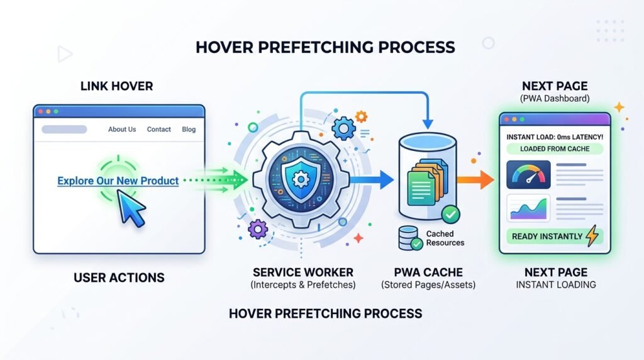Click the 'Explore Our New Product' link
tap(118, 181)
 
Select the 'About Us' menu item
tap(122, 129)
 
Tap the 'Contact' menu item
tap(159, 129)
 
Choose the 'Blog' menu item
tap(189, 129)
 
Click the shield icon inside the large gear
tap(301, 179)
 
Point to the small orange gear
tap(361, 116)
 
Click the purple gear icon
tap(258, 229)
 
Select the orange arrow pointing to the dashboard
tap(475, 179)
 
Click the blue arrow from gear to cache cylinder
tap(372, 179)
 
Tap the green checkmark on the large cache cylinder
tap(450, 214)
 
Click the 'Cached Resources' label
tap(445, 239)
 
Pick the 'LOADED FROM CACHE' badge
tap(555, 149)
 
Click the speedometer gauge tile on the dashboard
tap(528, 175)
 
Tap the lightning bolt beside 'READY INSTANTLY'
tap(592, 235)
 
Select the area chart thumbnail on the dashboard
tap(528, 208)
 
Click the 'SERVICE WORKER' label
tap(303, 273)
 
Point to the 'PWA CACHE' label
tap(428, 273)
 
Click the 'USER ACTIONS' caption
tap(119, 278)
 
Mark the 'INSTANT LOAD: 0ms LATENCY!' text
tap(555, 137)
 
